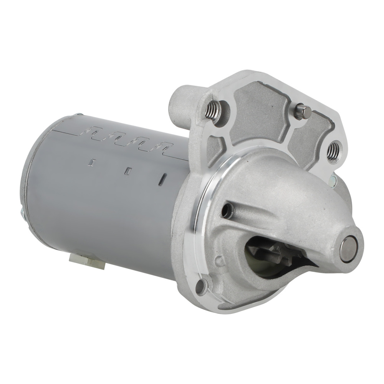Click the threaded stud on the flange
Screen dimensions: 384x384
click(x=212, y=111)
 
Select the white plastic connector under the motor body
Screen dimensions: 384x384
click(x=87, y=262)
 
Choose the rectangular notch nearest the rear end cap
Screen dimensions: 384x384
click(x=91, y=163)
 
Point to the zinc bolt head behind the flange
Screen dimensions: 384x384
click(x=333, y=179)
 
